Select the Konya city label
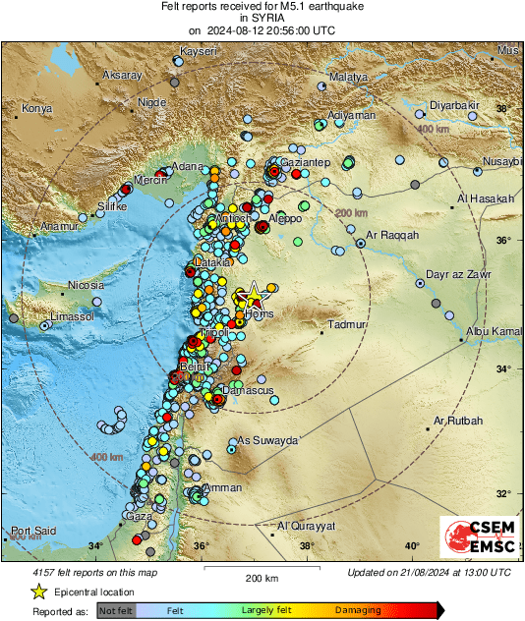click(36, 108)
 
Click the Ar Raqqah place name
click(392, 236)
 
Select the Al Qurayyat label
click(308, 526)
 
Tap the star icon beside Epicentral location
click(38, 592)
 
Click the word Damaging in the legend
click(358, 610)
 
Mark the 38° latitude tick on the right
click(502, 110)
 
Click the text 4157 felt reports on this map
click(86, 572)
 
